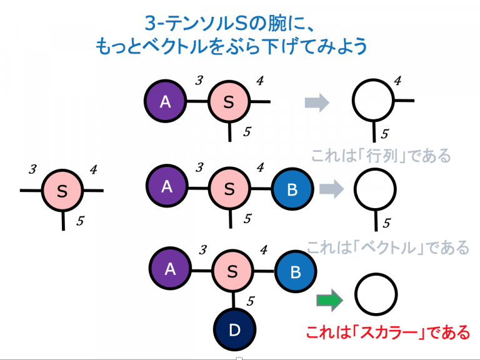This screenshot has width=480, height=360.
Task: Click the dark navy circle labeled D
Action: click(x=234, y=329)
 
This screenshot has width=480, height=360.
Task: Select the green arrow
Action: click(x=329, y=301)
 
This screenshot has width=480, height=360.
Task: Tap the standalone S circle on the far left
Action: click(x=62, y=191)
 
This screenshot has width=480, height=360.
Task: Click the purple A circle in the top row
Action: click(x=165, y=101)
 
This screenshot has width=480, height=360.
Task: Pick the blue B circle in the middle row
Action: click(x=292, y=189)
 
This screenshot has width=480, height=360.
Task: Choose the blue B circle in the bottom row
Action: click(x=296, y=271)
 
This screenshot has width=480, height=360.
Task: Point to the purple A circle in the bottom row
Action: click(x=169, y=269)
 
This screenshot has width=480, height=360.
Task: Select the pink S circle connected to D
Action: click(x=232, y=271)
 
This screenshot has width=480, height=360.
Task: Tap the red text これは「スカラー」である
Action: click(x=387, y=331)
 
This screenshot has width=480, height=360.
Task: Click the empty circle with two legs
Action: click(x=373, y=100)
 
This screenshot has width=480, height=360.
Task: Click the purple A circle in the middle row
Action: click(x=167, y=186)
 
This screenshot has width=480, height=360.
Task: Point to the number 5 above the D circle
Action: click(x=250, y=301)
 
